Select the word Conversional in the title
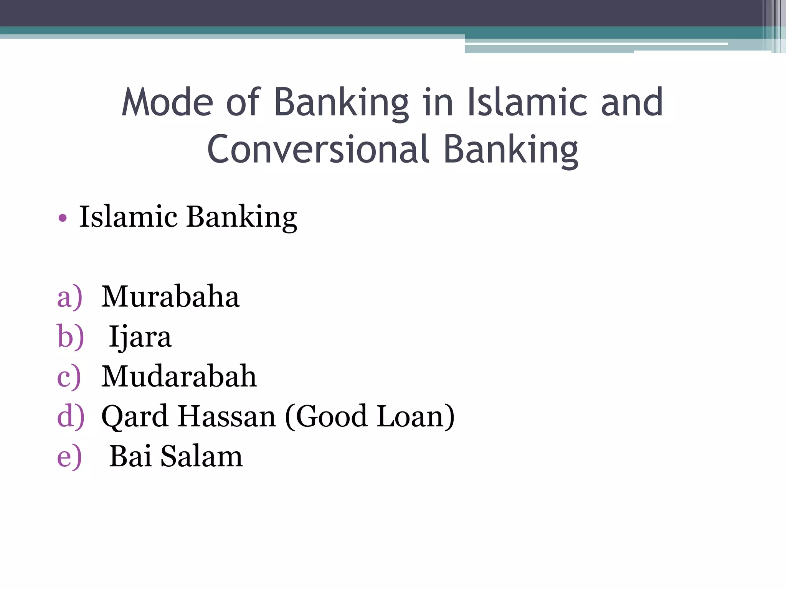point(318,149)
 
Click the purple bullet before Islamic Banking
point(63,219)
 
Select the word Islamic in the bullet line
point(128,217)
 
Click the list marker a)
point(69,297)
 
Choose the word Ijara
point(140,337)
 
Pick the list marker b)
point(70,337)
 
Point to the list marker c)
point(69,377)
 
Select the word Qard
point(134,417)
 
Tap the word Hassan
point(227,416)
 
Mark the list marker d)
point(70,416)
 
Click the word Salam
point(201,456)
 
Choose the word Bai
point(130,456)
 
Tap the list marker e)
point(69,457)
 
